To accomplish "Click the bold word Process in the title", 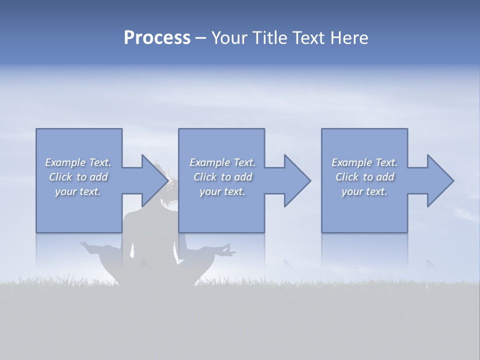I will (x=157, y=37).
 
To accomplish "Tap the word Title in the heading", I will (x=268, y=37).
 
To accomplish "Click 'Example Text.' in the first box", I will (x=78, y=162).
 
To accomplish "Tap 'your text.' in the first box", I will (x=78, y=191).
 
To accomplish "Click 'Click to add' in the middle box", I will (x=222, y=177).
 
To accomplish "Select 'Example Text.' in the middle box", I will (x=222, y=162).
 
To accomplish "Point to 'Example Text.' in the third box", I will (x=364, y=162).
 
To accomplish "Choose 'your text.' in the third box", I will (x=364, y=191).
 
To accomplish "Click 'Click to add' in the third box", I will (x=364, y=177).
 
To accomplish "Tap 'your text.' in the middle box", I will (x=222, y=191).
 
